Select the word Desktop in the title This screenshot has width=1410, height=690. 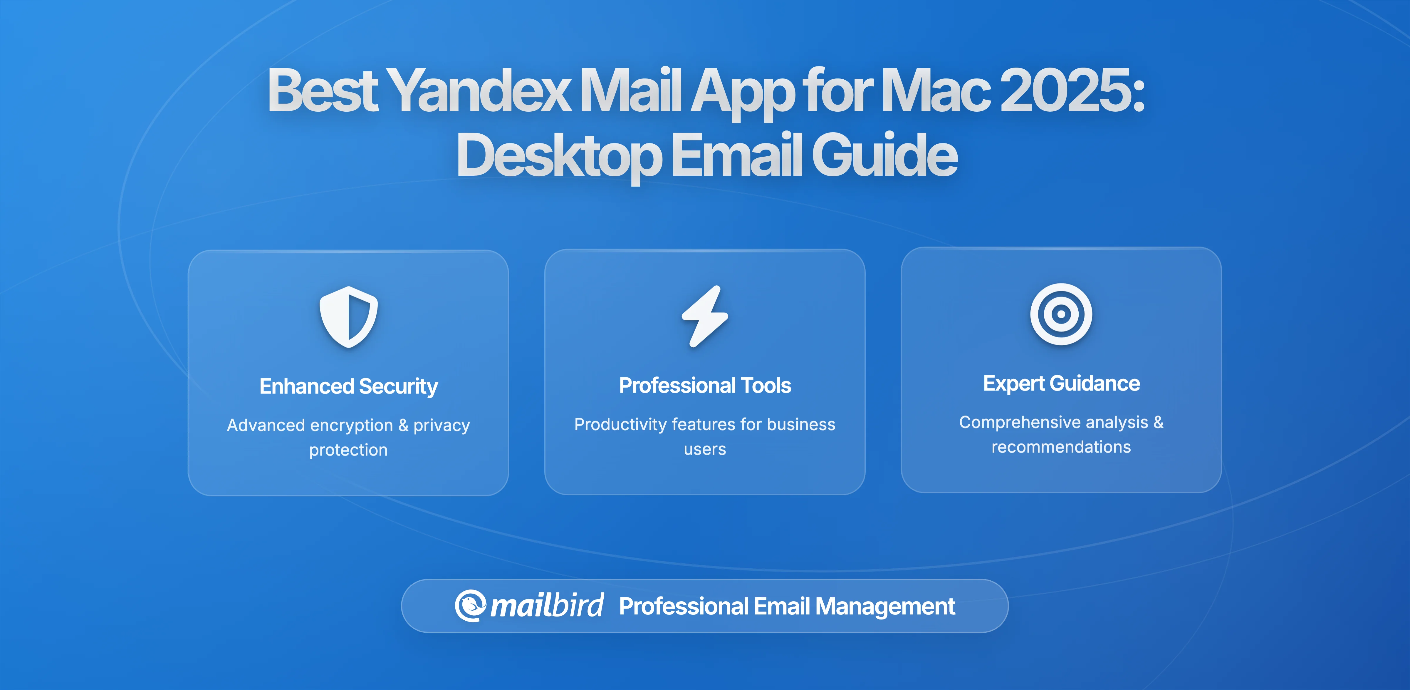558,156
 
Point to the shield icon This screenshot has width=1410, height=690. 349,316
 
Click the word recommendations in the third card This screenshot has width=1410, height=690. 1061,447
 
